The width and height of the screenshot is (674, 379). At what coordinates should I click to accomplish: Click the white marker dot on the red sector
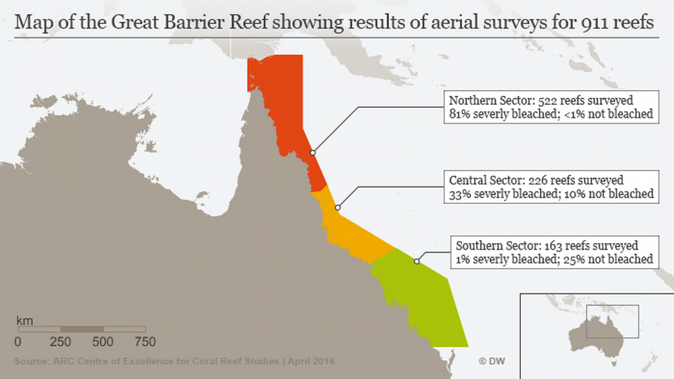(x=313, y=153)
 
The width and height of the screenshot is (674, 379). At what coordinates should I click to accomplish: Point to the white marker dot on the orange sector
(x=338, y=208)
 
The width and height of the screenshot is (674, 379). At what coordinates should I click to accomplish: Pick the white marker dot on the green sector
(x=417, y=262)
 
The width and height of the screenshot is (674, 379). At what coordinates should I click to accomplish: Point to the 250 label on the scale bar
(x=61, y=342)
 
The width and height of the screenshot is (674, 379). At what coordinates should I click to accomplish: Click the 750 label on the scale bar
(x=145, y=342)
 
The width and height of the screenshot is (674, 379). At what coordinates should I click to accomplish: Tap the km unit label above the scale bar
(x=24, y=320)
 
